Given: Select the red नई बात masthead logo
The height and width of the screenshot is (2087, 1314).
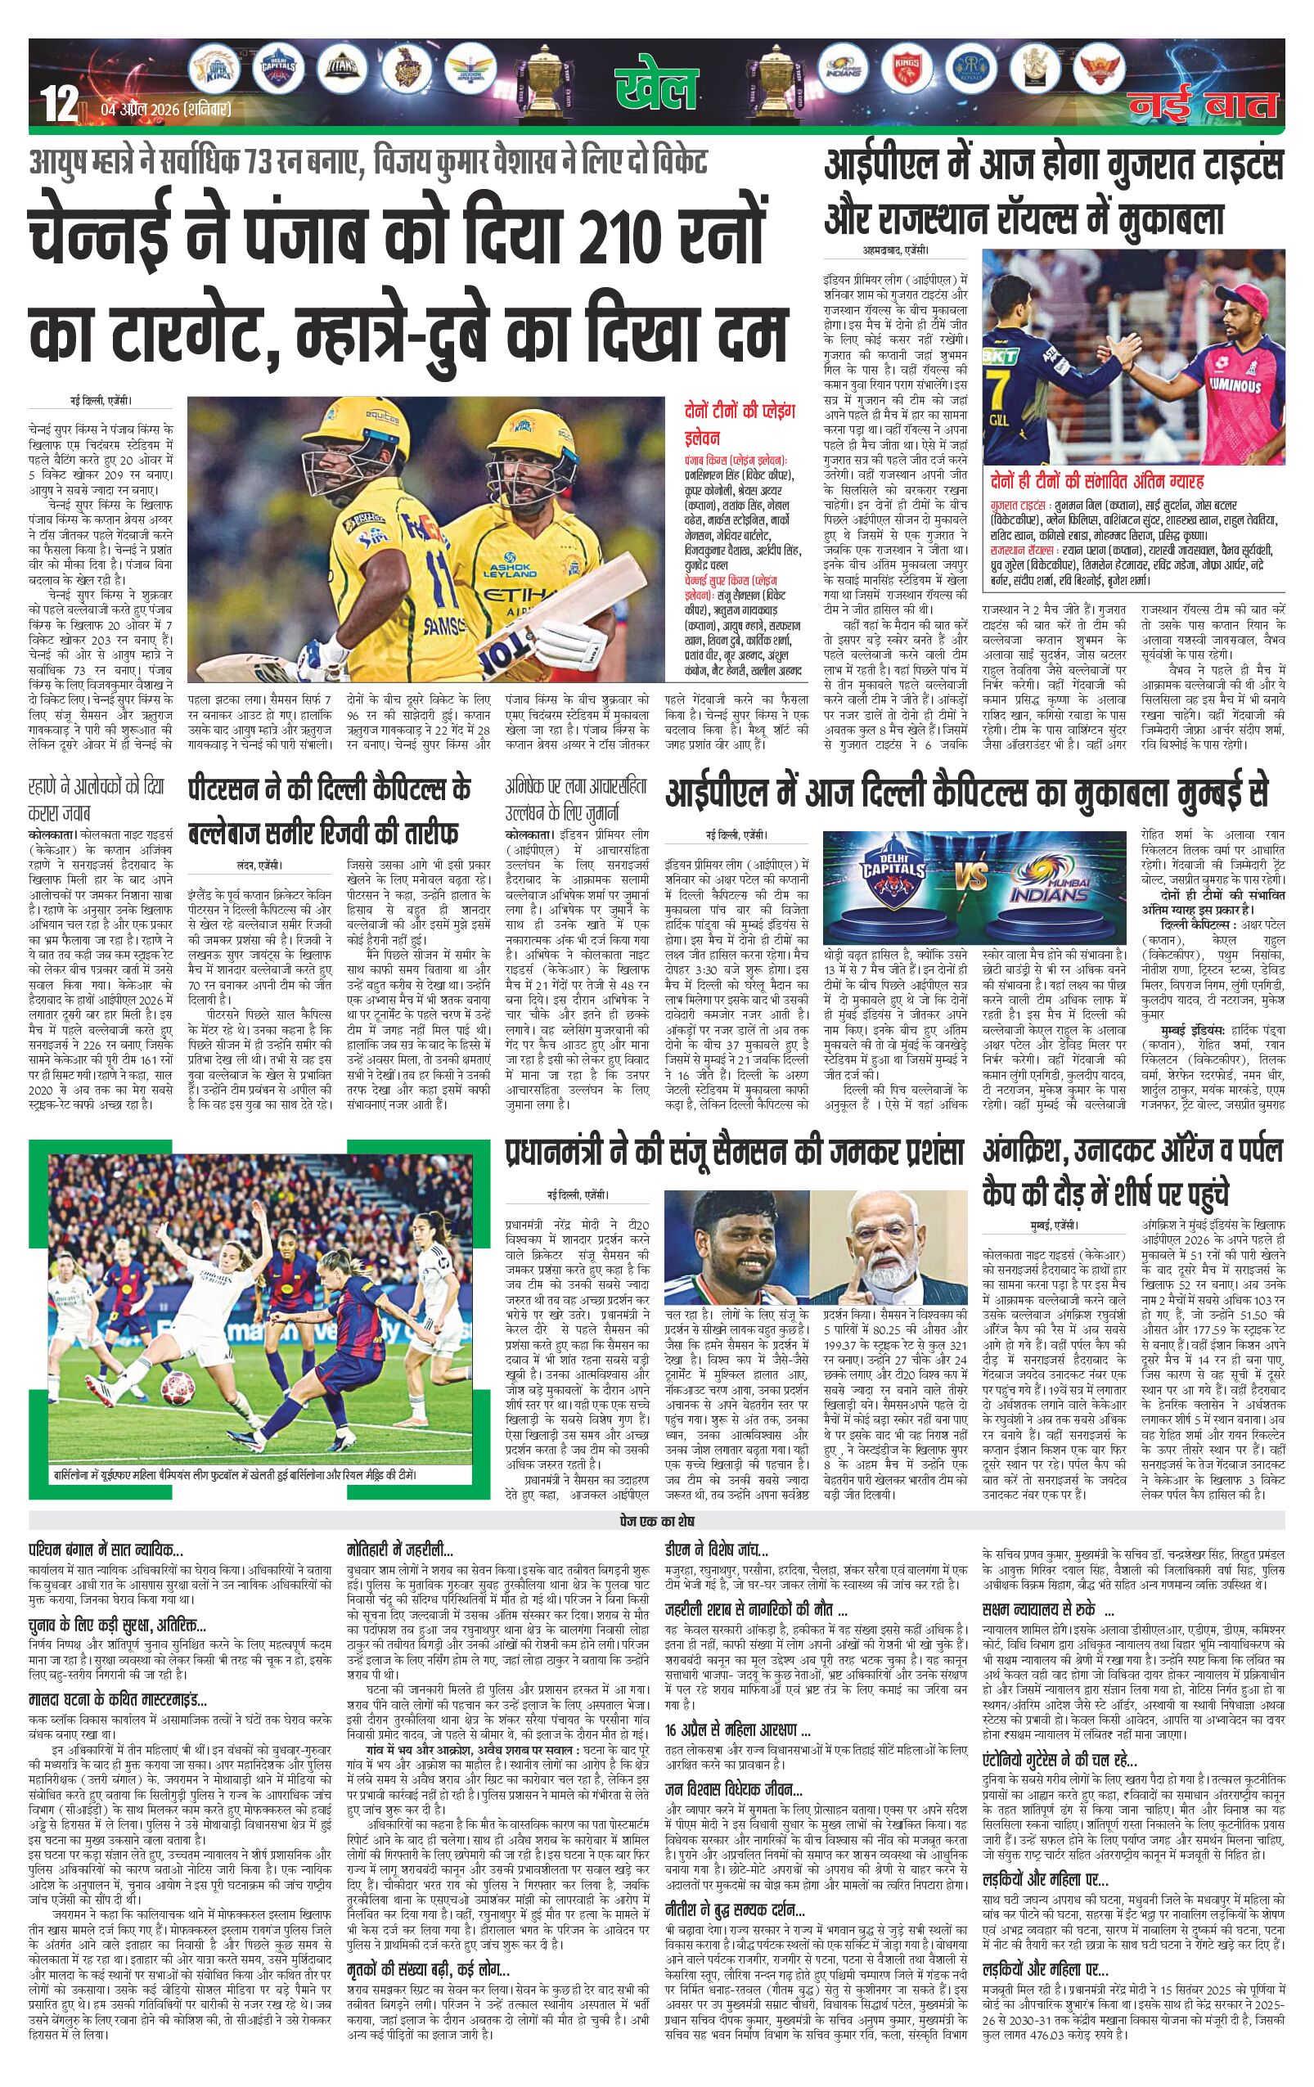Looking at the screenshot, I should point(1203,106).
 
